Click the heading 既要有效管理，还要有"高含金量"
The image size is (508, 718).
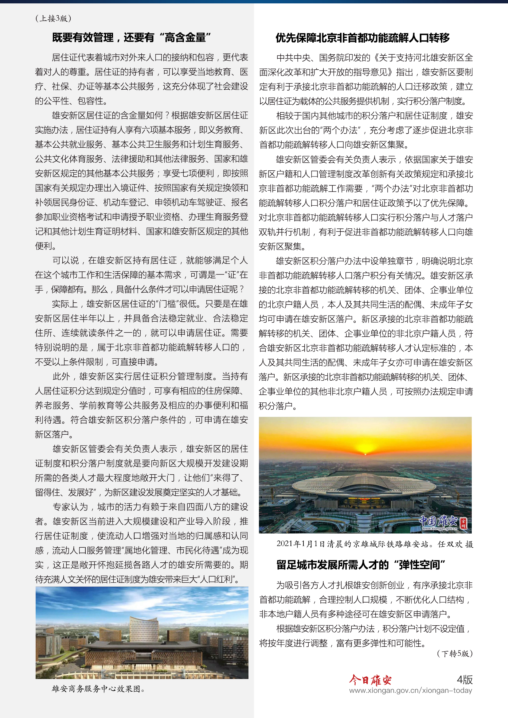[131, 38]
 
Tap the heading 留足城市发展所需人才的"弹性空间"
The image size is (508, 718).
[360, 565]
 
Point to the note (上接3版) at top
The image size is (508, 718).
[53, 18]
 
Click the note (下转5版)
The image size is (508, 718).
[455, 653]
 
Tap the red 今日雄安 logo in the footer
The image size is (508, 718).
[370, 680]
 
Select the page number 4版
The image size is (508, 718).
[464, 680]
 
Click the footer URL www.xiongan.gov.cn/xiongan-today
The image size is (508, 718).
[410, 690]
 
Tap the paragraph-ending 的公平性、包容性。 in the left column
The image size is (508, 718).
[72, 101]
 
